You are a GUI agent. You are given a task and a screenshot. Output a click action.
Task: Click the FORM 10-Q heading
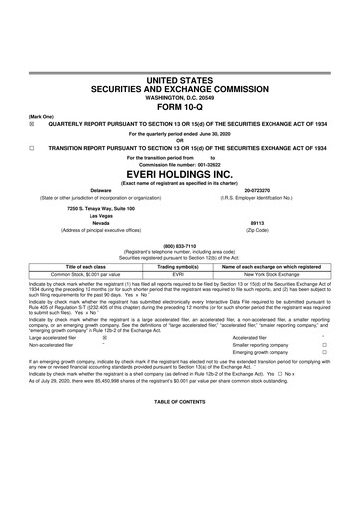click(180, 124)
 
